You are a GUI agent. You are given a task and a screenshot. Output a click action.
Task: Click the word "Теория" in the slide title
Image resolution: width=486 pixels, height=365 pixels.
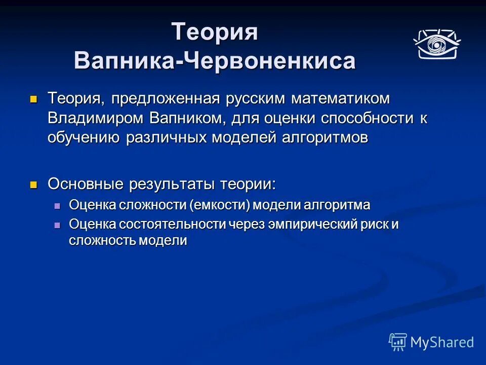[x=215, y=32]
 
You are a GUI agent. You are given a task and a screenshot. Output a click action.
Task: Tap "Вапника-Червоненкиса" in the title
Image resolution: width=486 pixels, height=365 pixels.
[x=215, y=61]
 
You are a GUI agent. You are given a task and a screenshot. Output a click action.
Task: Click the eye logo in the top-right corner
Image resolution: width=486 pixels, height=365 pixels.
[x=436, y=44]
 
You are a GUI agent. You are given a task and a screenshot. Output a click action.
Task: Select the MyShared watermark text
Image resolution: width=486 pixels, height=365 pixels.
[x=442, y=342]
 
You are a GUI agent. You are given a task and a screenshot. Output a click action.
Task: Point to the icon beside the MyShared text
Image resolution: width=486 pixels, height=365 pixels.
[x=398, y=342]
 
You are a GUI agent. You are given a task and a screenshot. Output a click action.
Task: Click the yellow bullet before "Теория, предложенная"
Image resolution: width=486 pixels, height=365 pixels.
[x=34, y=98]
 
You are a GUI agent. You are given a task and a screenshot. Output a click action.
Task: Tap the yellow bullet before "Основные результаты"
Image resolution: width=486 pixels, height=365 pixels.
[x=34, y=184]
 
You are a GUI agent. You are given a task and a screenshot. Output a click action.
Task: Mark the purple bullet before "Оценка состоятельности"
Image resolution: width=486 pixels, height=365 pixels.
[x=57, y=225]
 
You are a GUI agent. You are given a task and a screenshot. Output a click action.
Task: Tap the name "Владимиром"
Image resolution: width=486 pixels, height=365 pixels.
[x=96, y=118]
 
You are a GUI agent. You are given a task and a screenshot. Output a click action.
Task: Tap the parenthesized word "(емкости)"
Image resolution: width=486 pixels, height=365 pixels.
[x=220, y=205]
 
